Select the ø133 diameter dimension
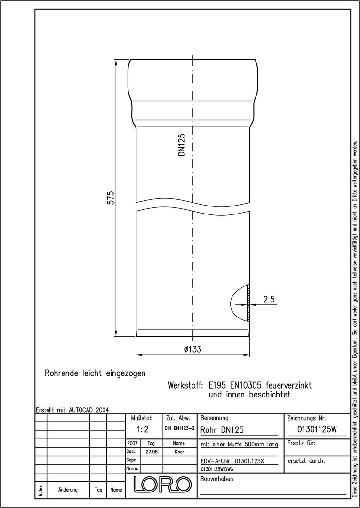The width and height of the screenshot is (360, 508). [193, 349]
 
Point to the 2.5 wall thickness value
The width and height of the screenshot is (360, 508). [269, 300]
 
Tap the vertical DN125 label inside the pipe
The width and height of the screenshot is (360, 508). [182, 145]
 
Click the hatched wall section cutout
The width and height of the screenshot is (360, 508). [248, 303]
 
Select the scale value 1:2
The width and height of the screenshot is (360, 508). [143, 429]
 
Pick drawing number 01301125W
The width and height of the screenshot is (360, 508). [317, 429]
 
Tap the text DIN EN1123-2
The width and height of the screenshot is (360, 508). [179, 429]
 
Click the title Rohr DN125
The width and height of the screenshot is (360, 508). [222, 430]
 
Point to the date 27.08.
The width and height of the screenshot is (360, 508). [152, 452]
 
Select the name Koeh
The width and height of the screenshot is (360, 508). [179, 452]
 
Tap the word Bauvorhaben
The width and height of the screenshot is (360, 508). [217, 479]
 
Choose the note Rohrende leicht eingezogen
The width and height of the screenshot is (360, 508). [95, 373]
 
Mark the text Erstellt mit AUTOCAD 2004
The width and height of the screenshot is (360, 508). [72, 410]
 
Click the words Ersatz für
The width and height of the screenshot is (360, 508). [301, 443]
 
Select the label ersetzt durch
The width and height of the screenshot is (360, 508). [306, 460]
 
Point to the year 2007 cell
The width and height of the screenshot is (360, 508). [132, 443]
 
